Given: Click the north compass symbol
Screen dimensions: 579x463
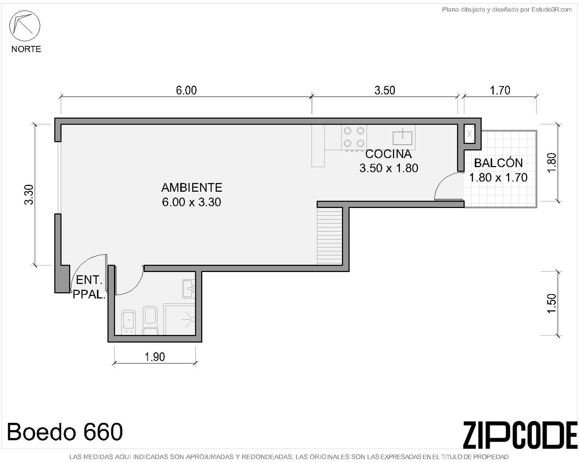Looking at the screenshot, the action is (25, 26).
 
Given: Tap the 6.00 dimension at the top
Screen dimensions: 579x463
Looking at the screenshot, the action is (186, 90).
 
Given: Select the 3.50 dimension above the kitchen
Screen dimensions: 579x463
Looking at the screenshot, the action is (385, 90).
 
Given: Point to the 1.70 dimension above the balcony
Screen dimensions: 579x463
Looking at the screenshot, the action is (500, 90).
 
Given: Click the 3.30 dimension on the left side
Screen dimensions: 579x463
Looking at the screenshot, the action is (29, 195).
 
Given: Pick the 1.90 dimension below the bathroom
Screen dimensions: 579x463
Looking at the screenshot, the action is (155, 357).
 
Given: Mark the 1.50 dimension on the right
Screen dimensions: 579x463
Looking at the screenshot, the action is (551, 304).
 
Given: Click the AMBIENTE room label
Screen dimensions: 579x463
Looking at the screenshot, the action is (191, 188).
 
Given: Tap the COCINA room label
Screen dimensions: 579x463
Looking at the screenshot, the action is (388, 154).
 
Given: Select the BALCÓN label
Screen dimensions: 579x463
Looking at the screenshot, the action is (498, 163).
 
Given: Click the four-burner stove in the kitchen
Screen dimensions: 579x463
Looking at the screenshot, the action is (354, 137).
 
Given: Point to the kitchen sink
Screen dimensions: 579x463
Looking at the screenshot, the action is (402, 137).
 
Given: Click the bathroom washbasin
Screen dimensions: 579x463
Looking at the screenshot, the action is (189, 289).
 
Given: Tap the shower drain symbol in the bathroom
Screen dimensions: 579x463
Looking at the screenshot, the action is (192, 319).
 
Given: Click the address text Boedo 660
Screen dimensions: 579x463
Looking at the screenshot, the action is (64, 431).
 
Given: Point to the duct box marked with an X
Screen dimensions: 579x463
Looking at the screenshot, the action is (469, 134).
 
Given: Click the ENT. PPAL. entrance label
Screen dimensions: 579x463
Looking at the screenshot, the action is (89, 287).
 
